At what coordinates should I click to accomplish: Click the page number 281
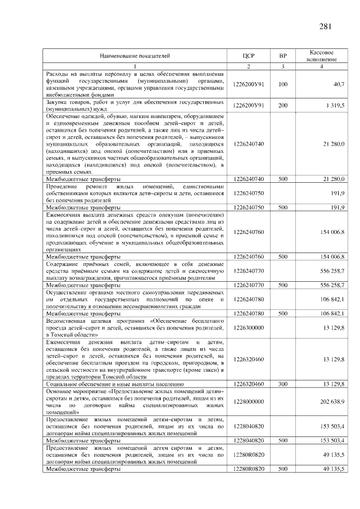tap(325, 26)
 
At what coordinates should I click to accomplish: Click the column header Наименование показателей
tap(134, 56)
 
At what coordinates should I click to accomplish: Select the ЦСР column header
tap(249, 56)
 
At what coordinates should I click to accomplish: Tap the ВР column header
tap(283, 56)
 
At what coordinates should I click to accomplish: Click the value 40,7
tap(339, 84)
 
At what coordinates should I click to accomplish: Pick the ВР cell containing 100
tap(283, 84)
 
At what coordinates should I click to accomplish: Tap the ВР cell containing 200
tap(283, 105)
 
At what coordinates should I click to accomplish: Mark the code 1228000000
tap(249, 401)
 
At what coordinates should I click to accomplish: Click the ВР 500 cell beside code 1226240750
tap(283, 208)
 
